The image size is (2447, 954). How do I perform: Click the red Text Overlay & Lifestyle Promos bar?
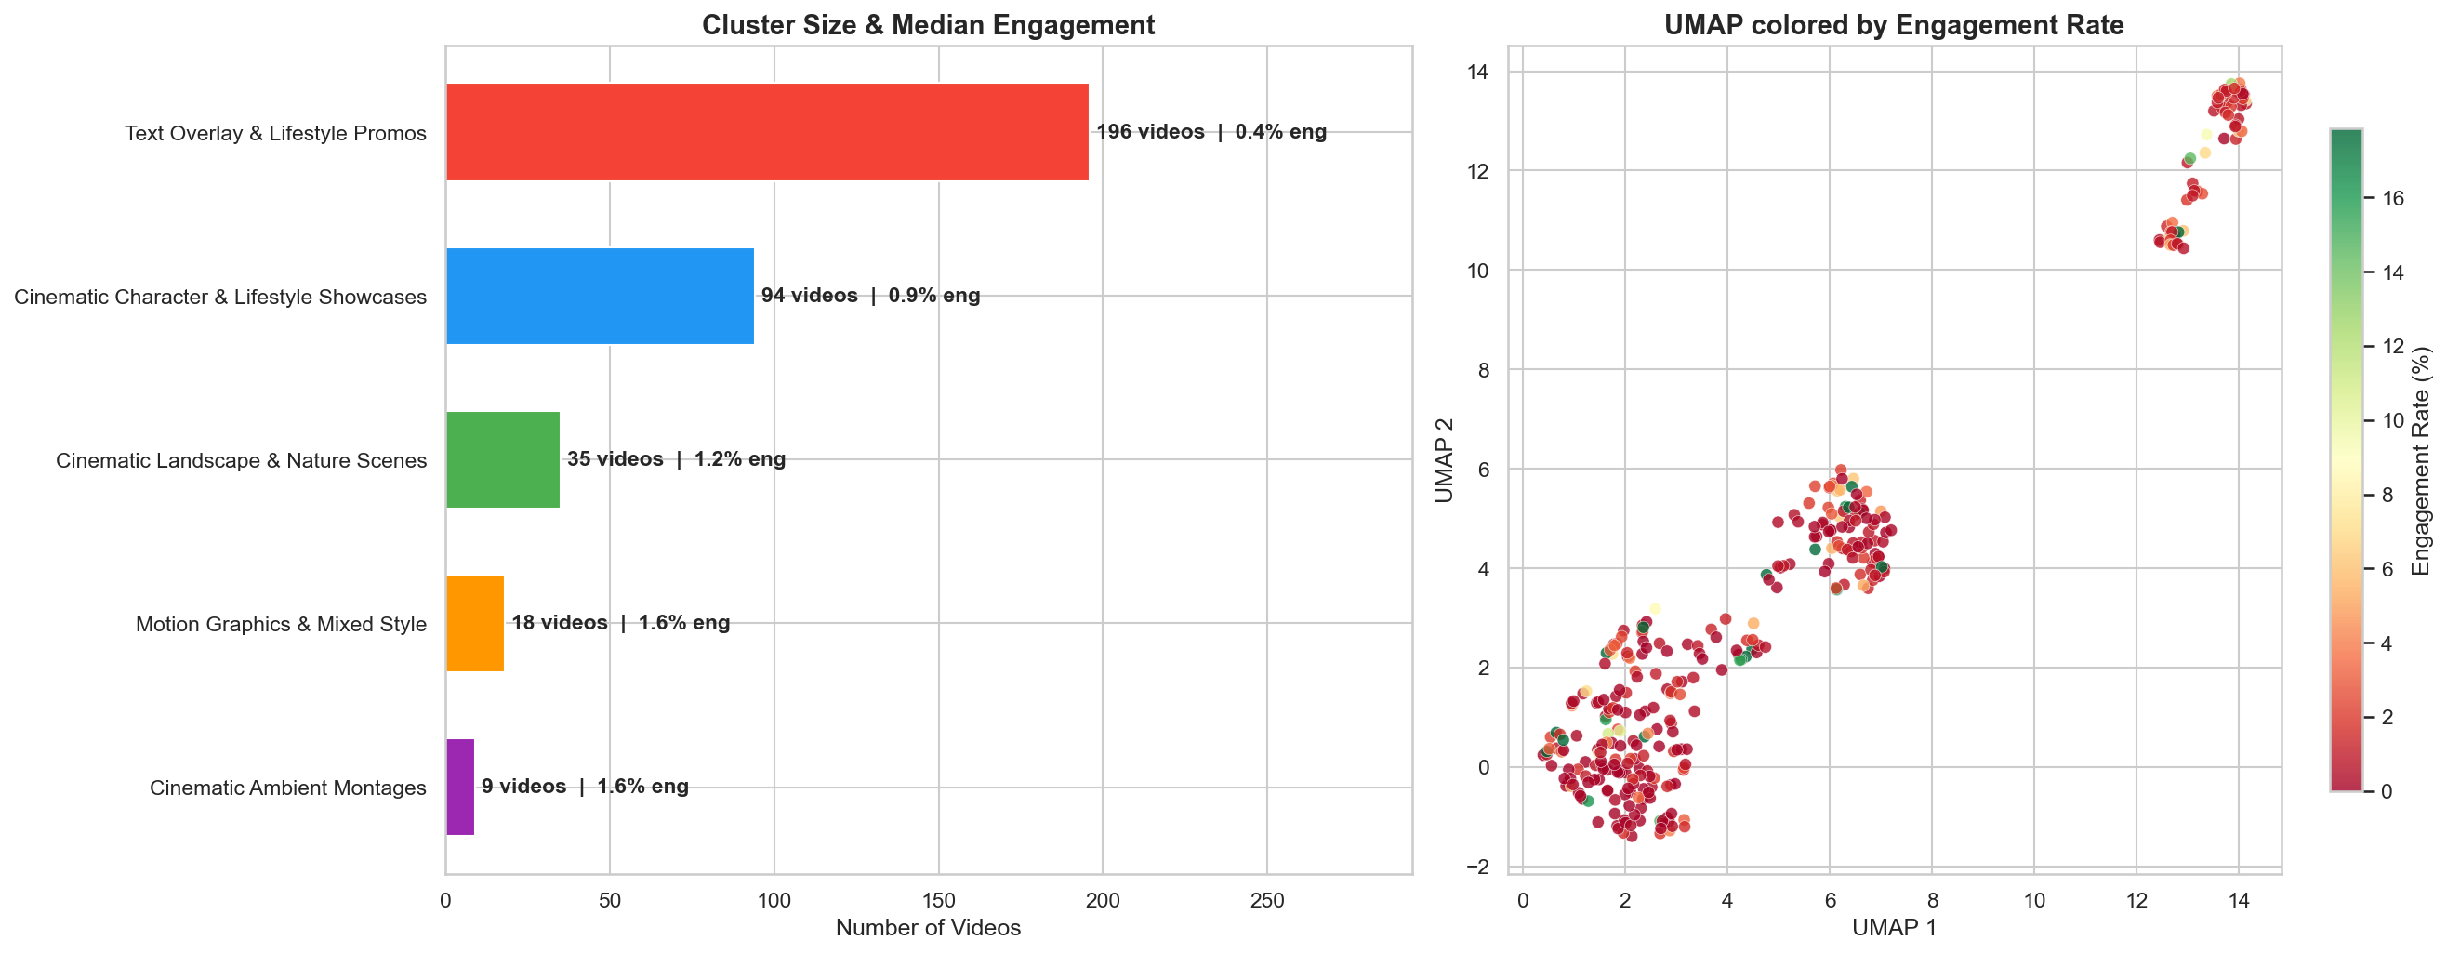[x=767, y=132]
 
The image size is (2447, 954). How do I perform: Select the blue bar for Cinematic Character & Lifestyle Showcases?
[x=600, y=296]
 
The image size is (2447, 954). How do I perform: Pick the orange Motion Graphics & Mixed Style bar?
[x=475, y=623]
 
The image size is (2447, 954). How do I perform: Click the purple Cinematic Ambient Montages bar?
[x=460, y=787]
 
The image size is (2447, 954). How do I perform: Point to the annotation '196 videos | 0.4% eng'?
[x=1211, y=132]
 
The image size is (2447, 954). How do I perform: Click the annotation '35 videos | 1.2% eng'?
[x=676, y=460]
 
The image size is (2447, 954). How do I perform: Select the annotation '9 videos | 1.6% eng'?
[x=585, y=787]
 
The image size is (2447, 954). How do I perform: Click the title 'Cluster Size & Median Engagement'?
[x=928, y=25]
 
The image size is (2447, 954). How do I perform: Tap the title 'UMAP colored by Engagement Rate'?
[x=1893, y=25]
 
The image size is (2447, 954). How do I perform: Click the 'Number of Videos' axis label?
[x=928, y=927]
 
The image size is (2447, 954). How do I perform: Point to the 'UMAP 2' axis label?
[x=1444, y=460]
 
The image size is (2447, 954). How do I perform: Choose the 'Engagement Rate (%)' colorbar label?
[x=2421, y=462]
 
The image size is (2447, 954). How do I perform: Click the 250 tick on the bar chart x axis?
[x=1267, y=900]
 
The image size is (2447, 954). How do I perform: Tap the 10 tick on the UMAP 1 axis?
[x=2034, y=900]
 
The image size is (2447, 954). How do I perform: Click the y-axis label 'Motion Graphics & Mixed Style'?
[x=281, y=624]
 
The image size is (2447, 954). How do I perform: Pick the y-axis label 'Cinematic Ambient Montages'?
[x=288, y=788]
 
